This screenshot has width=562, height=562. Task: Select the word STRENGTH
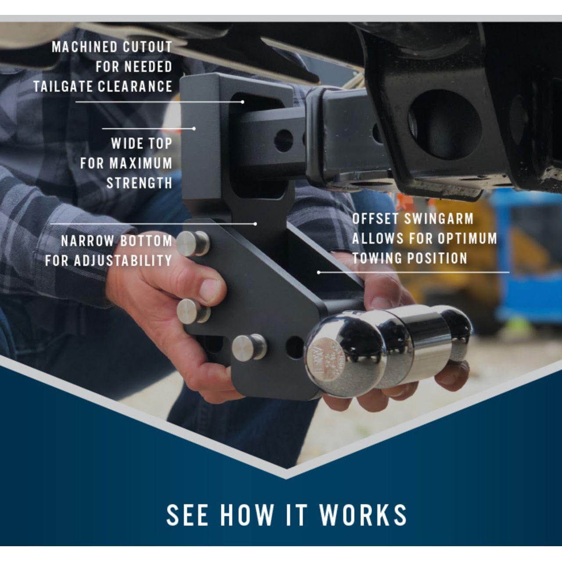pyautogui.click(x=140, y=183)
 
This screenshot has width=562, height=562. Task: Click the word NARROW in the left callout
pyautogui.click(x=87, y=241)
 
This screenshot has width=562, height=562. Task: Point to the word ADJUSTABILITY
pyautogui.click(x=123, y=260)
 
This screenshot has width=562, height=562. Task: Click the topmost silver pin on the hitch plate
pyautogui.click(x=193, y=244)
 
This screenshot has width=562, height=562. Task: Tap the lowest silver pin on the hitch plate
pyautogui.click(x=249, y=348)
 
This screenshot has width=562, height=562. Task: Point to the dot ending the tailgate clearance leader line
pyautogui.click(x=243, y=102)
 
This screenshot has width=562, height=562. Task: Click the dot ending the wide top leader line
pyautogui.click(x=194, y=128)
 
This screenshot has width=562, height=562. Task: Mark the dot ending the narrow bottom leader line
pyautogui.click(x=256, y=224)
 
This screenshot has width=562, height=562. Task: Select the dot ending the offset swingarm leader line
pyautogui.click(x=318, y=272)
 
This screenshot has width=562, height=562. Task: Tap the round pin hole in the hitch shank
pyautogui.click(x=283, y=141)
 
